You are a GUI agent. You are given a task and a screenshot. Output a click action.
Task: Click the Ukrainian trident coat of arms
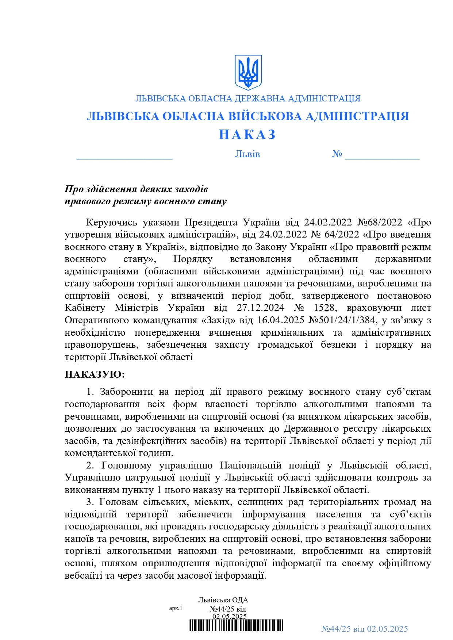(248, 72)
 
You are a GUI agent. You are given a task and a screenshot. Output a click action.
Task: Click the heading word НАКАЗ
(247, 135)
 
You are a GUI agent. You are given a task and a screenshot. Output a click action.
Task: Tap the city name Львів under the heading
(247, 154)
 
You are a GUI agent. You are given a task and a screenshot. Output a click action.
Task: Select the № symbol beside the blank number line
(337, 154)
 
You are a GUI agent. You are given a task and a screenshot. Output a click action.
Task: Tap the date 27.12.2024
(260, 308)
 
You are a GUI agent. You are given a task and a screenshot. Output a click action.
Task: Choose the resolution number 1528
(324, 308)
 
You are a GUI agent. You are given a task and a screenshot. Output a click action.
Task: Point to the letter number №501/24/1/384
(342, 320)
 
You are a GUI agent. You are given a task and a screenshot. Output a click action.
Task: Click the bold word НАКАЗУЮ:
(95, 374)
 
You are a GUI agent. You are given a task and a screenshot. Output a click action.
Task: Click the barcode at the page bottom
(237, 625)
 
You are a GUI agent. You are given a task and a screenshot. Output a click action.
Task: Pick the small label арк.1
(176, 608)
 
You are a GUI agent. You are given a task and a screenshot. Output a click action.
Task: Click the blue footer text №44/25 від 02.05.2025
(364, 629)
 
